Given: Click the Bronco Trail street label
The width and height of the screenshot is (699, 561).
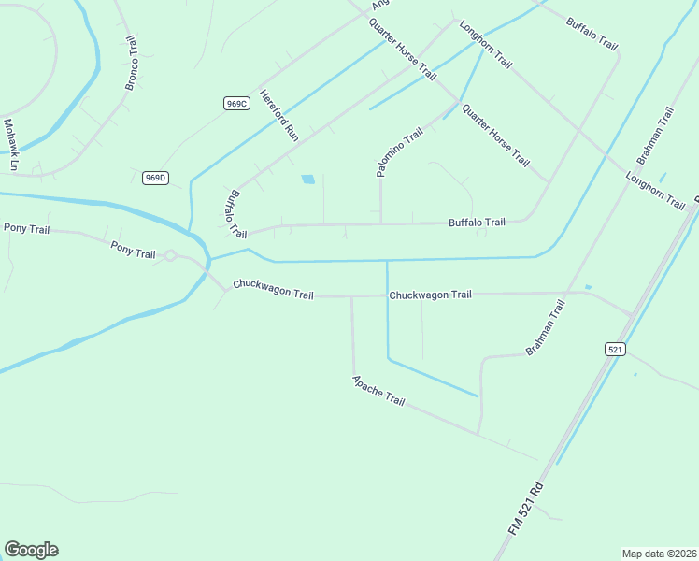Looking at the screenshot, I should [131, 64].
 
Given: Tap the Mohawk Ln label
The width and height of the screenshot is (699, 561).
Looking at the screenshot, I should [11, 145].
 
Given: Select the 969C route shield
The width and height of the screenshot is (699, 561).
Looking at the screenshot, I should [236, 104].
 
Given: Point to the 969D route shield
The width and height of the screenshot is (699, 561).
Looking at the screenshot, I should [155, 178].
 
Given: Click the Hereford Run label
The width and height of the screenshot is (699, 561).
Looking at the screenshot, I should [278, 115].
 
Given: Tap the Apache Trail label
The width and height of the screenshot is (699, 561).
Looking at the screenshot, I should [378, 390].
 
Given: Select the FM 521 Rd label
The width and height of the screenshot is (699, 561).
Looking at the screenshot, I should [526, 508].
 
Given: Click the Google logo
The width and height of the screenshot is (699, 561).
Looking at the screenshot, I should [31, 550].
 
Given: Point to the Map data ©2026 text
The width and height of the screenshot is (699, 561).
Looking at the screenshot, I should [659, 553].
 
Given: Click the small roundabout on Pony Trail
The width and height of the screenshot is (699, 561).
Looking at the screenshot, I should [171, 254].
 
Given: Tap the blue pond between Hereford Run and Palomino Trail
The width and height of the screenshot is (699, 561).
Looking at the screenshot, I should [307, 179].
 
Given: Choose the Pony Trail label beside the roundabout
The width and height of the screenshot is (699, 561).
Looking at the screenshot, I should [133, 250].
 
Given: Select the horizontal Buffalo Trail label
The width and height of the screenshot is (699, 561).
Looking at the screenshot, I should [477, 223].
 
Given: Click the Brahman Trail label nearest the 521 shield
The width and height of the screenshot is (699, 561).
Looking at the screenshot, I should [547, 327].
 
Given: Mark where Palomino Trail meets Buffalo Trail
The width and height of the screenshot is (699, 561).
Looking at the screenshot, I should [380, 223].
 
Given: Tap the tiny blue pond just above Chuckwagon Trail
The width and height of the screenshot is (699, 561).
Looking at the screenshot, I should [588, 286].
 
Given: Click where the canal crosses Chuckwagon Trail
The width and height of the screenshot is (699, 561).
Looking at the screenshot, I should [387, 295].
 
